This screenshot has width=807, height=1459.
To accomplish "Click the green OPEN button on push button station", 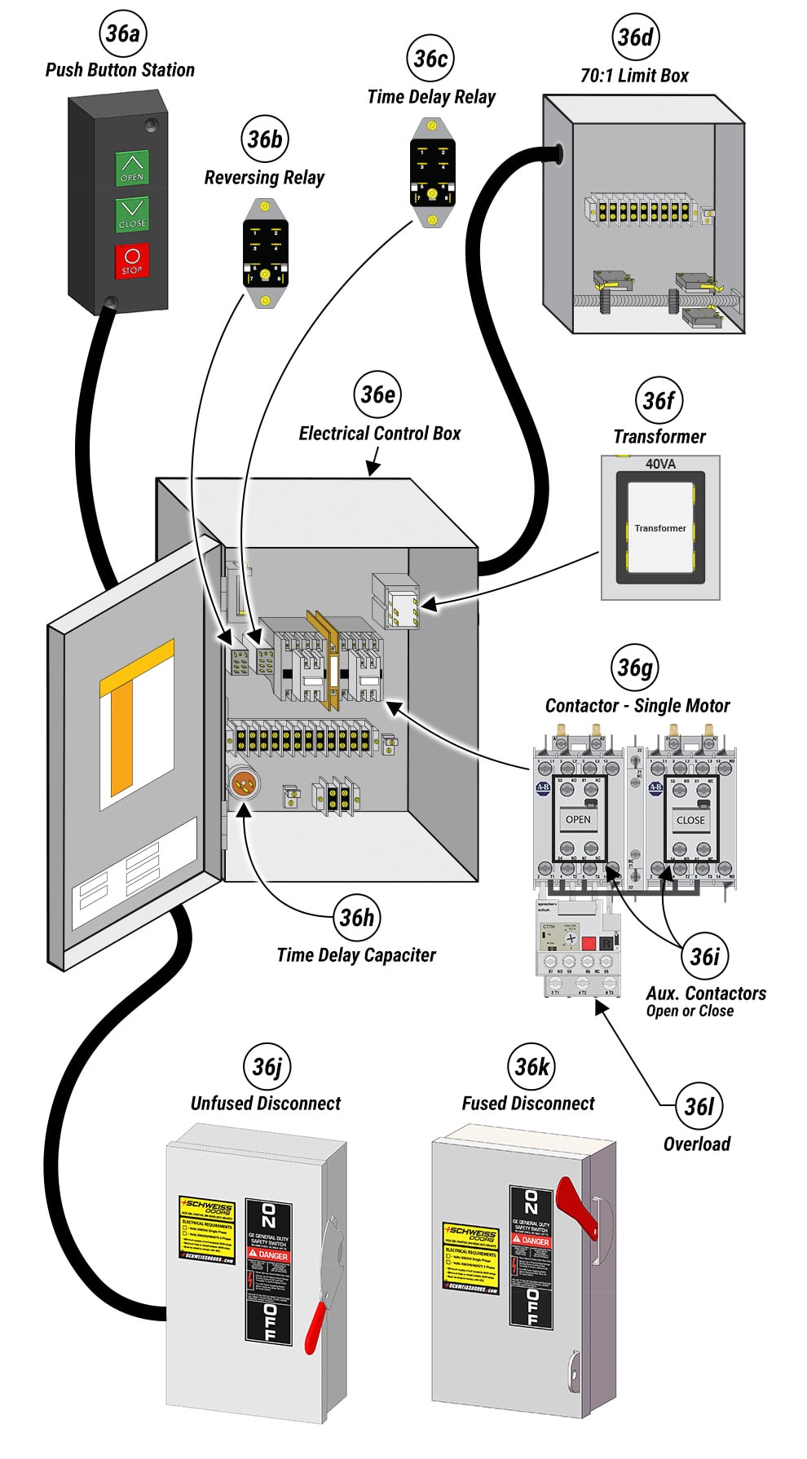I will (131, 168).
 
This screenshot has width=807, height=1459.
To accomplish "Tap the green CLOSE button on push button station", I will (131, 214).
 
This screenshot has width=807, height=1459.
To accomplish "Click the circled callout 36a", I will (122, 33).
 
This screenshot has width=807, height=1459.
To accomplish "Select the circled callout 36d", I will (635, 37).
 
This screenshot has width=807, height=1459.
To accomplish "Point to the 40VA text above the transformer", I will (660, 464).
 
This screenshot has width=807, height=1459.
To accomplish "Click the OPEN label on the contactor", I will (578, 819).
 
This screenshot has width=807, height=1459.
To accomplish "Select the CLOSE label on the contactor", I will (690, 820).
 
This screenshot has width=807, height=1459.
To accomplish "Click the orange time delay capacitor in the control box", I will (242, 785).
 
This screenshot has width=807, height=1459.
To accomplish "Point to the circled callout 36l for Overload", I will (699, 1106).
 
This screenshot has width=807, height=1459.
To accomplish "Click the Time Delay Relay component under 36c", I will (432, 174).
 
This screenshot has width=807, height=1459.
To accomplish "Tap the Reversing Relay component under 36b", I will (265, 253).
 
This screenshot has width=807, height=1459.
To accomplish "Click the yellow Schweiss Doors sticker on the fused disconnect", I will (470, 1256).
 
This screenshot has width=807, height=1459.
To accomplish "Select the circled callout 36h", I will (357, 917).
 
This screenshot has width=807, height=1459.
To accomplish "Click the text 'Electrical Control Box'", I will (379, 434).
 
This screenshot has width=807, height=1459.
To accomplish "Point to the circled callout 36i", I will (705, 956).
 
